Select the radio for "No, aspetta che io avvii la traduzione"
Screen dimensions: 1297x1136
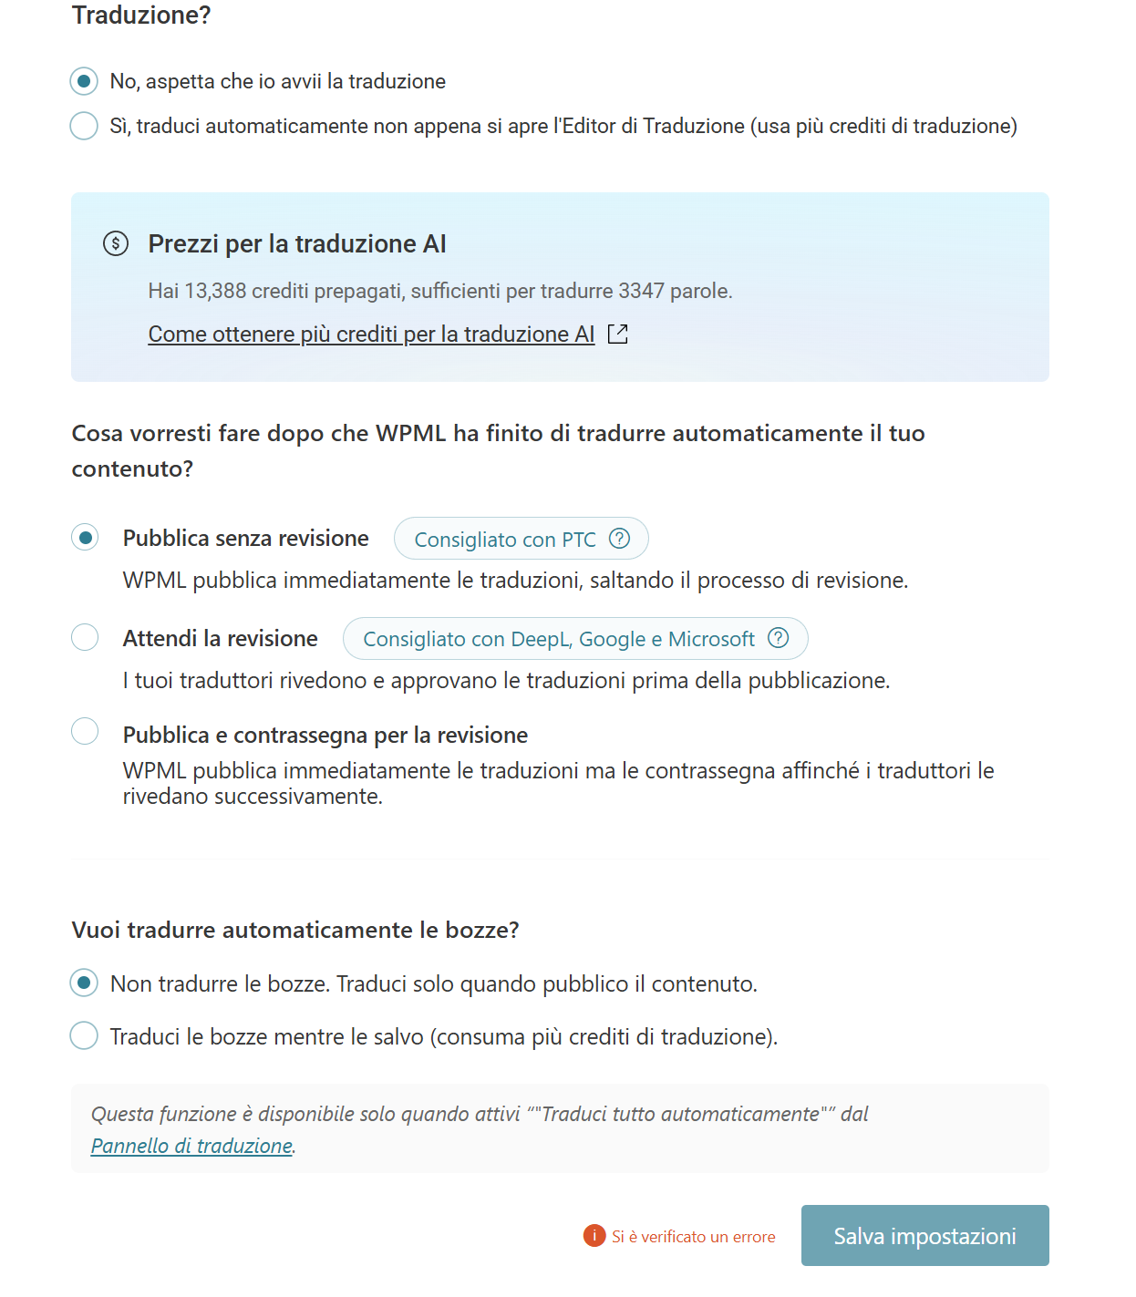tap(84, 81)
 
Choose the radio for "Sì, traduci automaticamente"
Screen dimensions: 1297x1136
tap(84, 126)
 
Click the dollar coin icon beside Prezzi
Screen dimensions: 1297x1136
tap(116, 243)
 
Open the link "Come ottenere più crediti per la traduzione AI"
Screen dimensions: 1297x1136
tap(371, 335)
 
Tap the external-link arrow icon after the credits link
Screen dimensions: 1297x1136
tap(618, 335)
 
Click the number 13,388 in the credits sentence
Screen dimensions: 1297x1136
tap(215, 291)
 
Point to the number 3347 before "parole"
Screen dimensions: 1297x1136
tap(641, 291)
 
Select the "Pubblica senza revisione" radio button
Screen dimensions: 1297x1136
tap(85, 538)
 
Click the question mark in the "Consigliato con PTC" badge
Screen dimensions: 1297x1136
tap(619, 539)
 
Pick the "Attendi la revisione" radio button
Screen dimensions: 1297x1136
tap(85, 637)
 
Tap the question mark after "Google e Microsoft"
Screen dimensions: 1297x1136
tap(778, 638)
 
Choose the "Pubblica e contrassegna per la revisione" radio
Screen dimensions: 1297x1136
tap(85, 731)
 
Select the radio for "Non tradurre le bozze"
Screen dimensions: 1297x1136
tap(84, 983)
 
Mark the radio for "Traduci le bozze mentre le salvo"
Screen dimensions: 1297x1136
tap(84, 1035)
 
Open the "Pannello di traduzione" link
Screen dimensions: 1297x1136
tap(191, 1146)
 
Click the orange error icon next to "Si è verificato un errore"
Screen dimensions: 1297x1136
tap(594, 1235)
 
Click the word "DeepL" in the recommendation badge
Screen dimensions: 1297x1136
tap(540, 639)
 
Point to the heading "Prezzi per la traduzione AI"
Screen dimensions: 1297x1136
tap(297, 243)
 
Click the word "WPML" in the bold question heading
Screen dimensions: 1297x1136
tap(410, 433)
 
